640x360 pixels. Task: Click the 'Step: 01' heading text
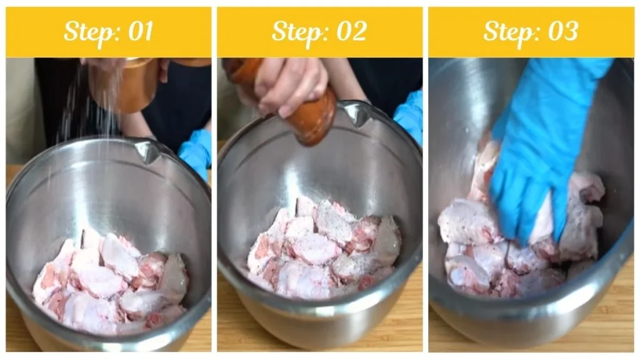point(108,32)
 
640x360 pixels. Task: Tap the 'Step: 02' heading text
point(319,32)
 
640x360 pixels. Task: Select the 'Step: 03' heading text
point(531,32)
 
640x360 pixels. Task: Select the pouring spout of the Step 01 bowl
point(149,151)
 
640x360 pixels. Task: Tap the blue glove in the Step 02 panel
point(409,116)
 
